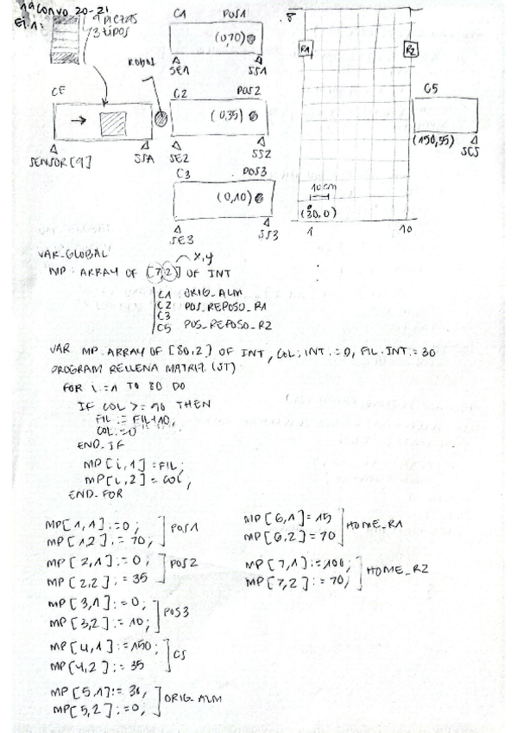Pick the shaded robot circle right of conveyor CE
(161, 118)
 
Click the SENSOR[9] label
(54, 161)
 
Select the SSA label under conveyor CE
(145, 160)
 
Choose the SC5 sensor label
(470, 153)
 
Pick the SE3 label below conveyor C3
(183, 239)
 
